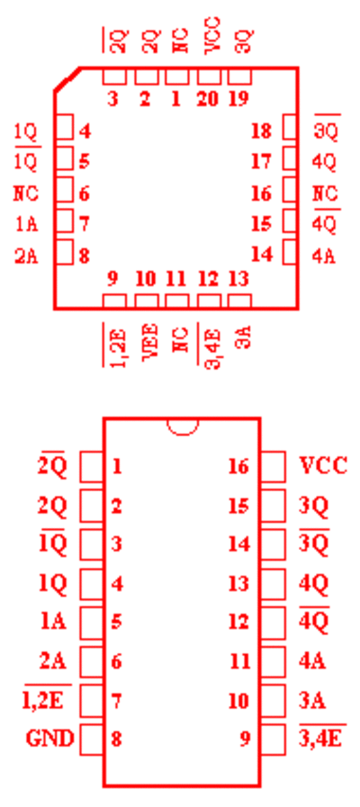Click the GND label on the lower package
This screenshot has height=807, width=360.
tap(49, 739)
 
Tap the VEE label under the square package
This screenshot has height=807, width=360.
tap(150, 343)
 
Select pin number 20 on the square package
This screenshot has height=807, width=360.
tap(208, 99)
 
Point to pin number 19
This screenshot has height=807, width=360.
tap(238, 99)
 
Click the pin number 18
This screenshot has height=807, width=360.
tap(262, 131)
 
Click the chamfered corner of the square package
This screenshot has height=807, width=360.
tap(67, 79)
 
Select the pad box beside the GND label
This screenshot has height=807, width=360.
tap(92, 740)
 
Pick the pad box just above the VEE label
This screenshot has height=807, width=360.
tap(147, 301)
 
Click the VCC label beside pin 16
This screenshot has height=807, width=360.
tap(323, 466)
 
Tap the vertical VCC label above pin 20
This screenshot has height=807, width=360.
tap(212, 34)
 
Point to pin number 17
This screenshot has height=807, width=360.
tap(262, 162)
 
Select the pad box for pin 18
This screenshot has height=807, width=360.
tap(291, 127)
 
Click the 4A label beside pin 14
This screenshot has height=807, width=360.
tap(324, 256)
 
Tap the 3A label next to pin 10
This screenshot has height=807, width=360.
tap(312, 701)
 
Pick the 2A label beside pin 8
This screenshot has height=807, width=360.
tap(26, 256)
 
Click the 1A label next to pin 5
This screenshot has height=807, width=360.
tap(54, 622)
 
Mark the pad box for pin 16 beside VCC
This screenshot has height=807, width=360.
tap(273, 467)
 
